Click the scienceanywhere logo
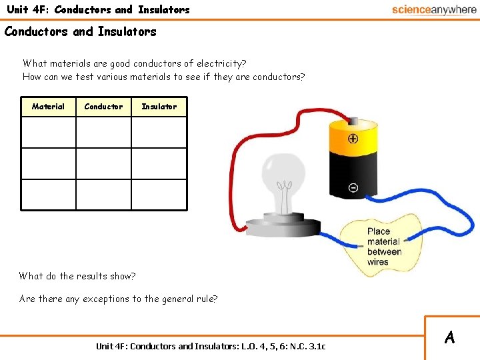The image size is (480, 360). [433, 9]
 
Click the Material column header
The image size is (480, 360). [48, 107]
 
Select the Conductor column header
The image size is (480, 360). [103, 107]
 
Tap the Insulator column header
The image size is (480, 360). [159, 107]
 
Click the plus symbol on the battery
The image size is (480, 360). [353, 139]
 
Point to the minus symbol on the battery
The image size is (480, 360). [353, 188]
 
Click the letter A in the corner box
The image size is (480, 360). [450, 337]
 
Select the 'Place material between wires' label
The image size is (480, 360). [383, 247]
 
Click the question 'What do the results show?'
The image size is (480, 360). [77, 276]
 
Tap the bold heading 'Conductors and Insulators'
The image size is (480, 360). [81, 31]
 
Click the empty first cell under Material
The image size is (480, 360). [48, 132]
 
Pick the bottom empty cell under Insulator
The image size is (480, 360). [159, 195]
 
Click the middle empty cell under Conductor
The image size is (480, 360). [103, 163]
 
